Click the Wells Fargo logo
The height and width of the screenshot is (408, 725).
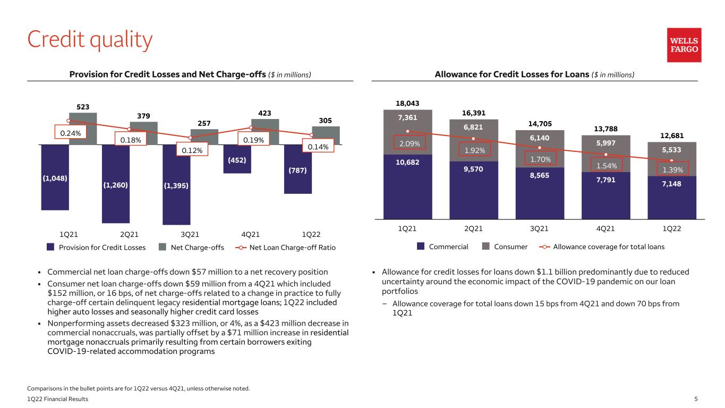coord(684,45)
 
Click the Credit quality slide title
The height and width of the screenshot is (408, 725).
coord(90,40)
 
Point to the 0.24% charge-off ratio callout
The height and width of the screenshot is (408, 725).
coord(71,132)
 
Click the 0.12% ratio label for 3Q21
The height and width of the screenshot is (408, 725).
coord(192,150)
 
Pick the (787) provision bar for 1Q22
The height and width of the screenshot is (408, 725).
coord(298,169)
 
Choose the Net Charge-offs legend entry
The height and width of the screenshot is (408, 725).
coord(191,248)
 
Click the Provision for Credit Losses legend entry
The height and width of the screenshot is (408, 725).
coord(96,248)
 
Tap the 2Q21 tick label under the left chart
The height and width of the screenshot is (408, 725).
coord(129,234)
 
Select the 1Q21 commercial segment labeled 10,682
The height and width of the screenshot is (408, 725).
coord(407,187)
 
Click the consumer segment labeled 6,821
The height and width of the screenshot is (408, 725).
coord(474,140)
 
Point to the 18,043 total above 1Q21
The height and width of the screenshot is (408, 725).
coord(407,103)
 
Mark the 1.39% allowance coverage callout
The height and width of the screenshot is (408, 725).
coord(672,169)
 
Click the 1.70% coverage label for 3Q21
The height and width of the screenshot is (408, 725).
coord(540,158)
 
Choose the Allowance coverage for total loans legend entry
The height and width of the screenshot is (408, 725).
coord(602,246)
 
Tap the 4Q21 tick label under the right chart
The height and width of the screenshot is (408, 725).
coord(605,228)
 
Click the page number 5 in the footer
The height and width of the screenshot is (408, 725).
coord(696,399)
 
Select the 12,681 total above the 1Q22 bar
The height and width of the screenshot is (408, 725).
coord(672,135)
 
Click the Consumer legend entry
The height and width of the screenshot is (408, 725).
coord(505,246)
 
